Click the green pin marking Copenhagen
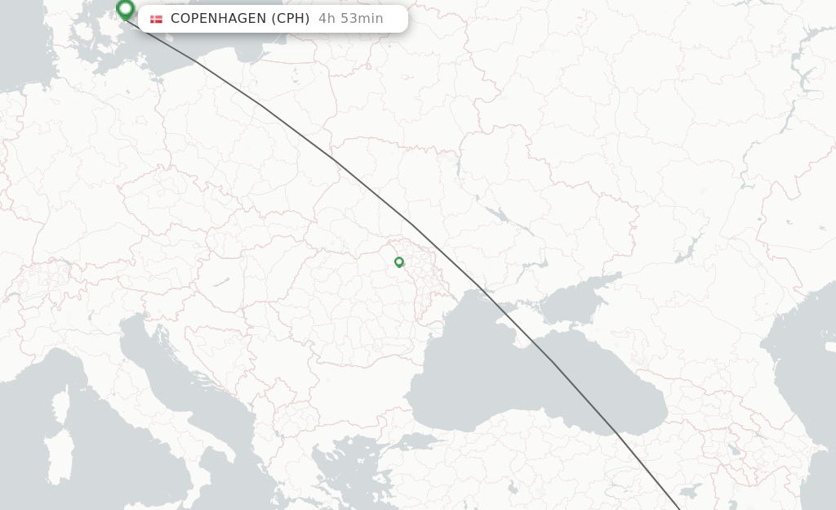pos(125,9)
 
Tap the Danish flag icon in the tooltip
pos(156,19)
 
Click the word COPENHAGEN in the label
pos(218,19)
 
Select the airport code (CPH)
pos(290,19)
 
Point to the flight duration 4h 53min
pos(350,19)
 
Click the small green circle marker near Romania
pos(398,262)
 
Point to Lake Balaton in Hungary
pos(220,283)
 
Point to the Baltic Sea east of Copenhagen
pos(212,41)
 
